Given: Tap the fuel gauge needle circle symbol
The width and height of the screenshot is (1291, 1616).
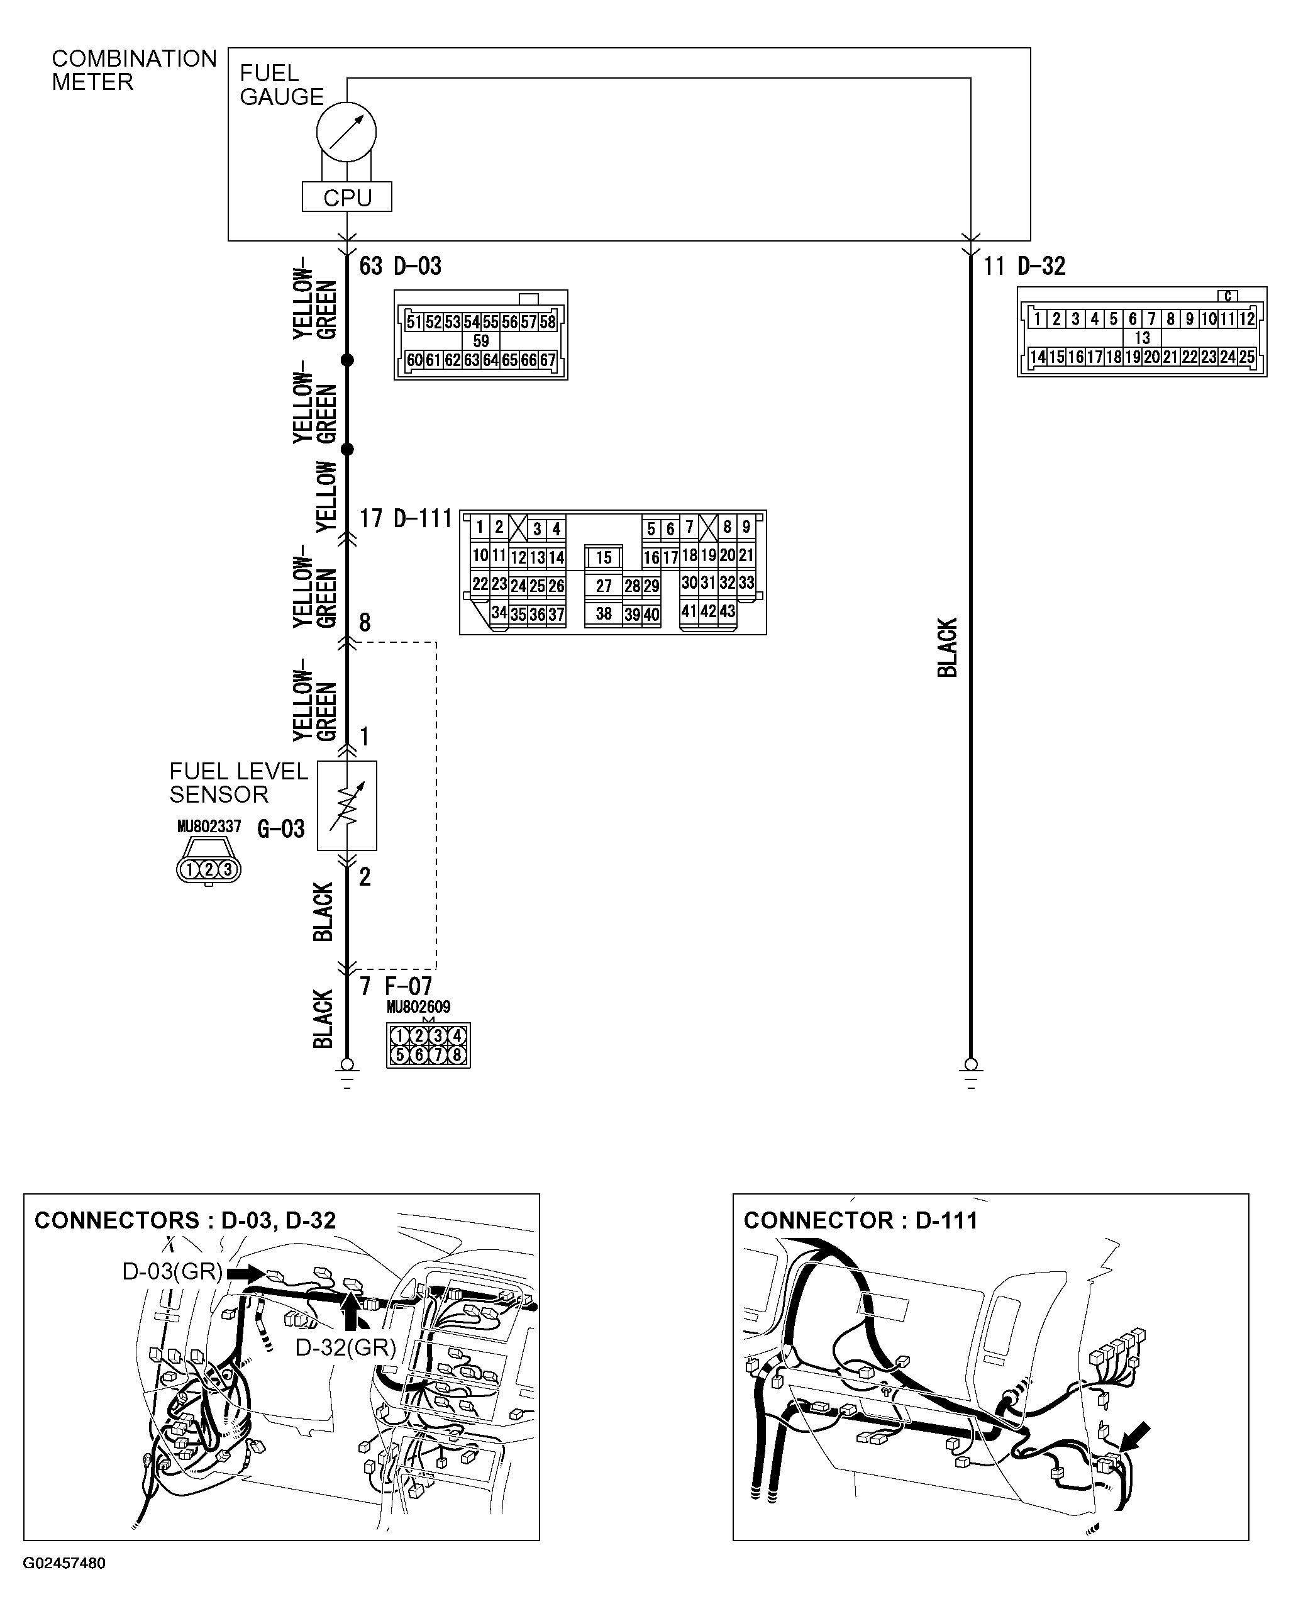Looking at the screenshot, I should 346,132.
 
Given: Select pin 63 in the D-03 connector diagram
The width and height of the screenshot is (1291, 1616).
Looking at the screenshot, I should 471,360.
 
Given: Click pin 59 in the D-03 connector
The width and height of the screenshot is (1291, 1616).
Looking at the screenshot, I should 481,341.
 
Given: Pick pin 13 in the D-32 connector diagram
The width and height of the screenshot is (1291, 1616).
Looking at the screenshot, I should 1142,338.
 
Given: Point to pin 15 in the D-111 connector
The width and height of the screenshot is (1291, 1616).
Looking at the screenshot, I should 604,558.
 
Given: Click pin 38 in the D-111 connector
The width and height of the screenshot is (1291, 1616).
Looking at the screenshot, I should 604,614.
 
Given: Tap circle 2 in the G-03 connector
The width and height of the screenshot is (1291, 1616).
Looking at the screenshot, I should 208,869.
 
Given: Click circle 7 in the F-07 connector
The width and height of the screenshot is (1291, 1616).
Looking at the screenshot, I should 438,1056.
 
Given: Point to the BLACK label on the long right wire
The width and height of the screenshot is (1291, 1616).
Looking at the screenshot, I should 948,648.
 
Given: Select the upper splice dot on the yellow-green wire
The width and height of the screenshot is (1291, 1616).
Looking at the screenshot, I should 347,360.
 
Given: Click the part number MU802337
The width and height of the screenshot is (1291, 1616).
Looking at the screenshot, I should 209,827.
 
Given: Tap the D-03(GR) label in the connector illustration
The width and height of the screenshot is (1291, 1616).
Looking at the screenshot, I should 172,1271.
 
